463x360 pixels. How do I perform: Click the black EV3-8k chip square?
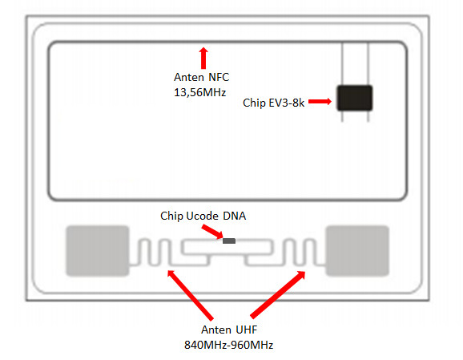point(355,98)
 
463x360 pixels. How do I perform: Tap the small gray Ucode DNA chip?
point(229,241)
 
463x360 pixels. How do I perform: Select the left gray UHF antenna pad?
point(98,251)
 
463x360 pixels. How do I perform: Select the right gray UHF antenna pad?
point(357,251)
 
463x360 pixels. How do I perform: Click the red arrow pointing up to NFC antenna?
point(203,58)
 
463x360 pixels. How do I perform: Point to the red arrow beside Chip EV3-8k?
point(320,102)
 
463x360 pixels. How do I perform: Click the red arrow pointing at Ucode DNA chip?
point(212,232)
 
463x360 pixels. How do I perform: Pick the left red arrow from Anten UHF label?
point(190,295)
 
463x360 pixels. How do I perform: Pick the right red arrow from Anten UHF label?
point(278,295)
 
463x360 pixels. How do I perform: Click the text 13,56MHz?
point(200,92)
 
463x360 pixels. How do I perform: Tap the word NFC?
point(219,77)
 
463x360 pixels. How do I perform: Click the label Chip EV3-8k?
point(273,103)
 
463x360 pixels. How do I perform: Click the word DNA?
point(235,216)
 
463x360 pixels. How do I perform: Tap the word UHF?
point(245,330)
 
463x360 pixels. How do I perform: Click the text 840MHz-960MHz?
point(229,345)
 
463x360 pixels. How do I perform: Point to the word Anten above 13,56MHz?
point(189,77)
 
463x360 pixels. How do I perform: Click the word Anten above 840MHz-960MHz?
point(215,330)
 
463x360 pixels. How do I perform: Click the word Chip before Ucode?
point(172,216)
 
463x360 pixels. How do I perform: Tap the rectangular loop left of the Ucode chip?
point(182,248)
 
